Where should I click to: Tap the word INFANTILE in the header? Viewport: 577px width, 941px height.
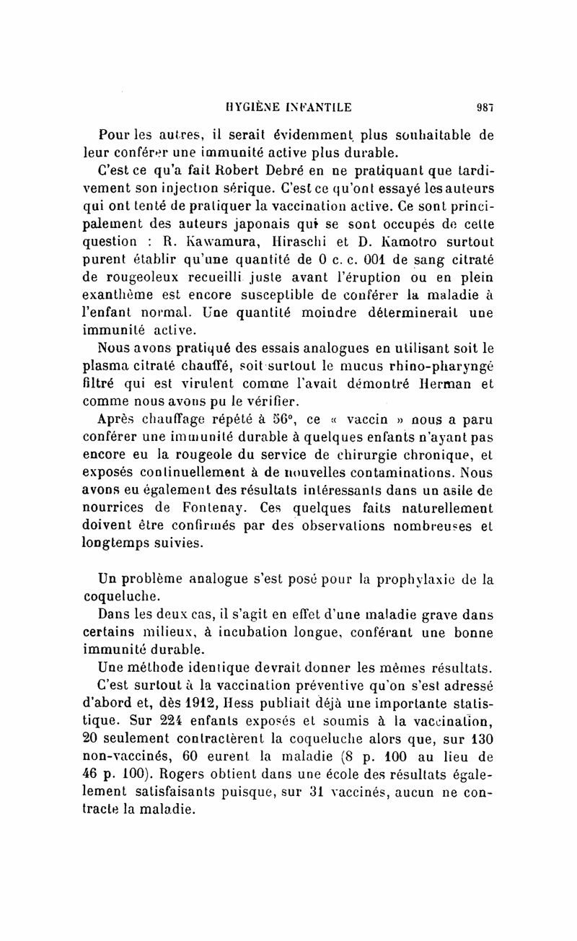[x=319, y=108]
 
